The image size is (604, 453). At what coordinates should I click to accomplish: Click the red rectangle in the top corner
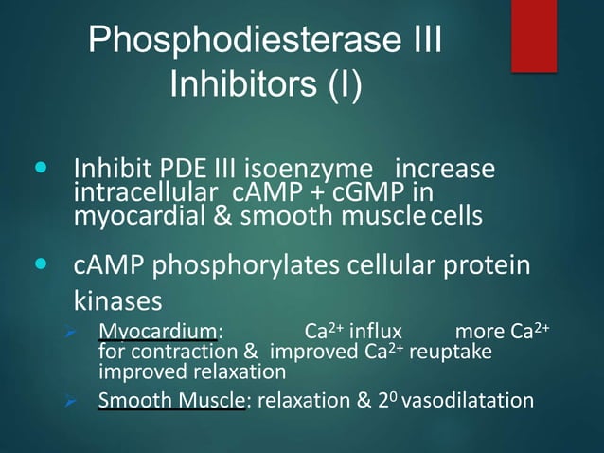click(533, 34)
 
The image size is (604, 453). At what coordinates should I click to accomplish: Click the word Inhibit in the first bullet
click(106, 172)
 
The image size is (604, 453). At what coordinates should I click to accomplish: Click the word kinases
click(118, 299)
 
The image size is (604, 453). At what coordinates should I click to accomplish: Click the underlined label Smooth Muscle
click(171, 400)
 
